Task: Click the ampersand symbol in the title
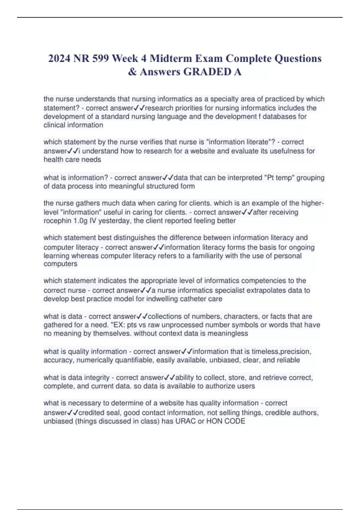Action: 132,72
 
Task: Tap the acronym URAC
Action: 186,421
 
